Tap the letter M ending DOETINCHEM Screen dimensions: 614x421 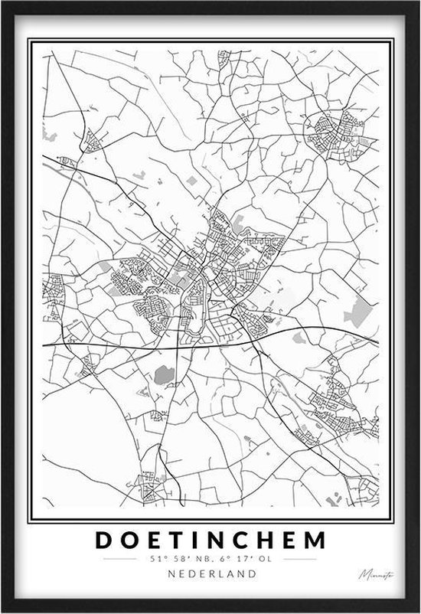coord(315,540)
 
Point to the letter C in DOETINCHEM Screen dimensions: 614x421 coord(242,540)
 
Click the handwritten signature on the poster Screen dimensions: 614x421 coord(371,574)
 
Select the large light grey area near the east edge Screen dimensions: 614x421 coord(357,310)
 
